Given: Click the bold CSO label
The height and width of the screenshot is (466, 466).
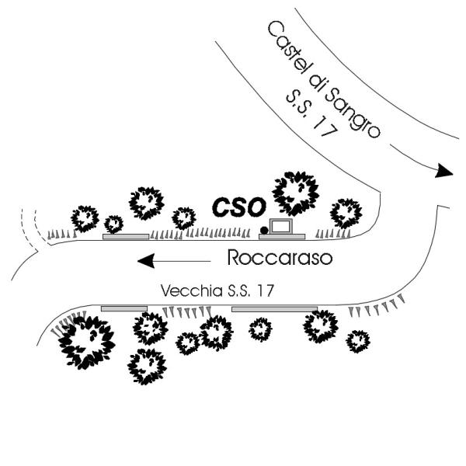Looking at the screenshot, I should pos(240,206).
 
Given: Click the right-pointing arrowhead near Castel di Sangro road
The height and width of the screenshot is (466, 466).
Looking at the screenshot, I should pos(443,171).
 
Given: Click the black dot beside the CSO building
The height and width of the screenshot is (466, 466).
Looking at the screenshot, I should pos(264,229).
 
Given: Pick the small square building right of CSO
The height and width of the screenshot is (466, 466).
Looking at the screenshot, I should pos(280,227).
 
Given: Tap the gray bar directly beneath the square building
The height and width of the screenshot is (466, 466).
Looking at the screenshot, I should pos(282,235).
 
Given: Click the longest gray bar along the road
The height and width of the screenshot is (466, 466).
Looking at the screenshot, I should pos(274,309).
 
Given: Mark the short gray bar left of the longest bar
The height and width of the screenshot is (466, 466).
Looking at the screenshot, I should pos(124,308).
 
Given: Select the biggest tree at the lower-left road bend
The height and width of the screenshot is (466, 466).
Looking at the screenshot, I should pos(87,341).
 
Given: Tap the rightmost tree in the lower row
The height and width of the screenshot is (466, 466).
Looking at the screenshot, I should pos(357,340).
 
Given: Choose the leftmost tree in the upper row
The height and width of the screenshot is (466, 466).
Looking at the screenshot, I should pos(85,217).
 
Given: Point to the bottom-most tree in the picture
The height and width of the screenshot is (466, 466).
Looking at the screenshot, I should pos(147,366).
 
